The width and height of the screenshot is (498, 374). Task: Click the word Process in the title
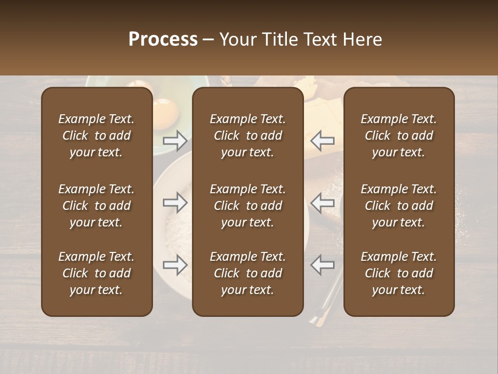tap(163, 39)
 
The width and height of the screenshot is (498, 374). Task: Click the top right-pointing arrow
tap(175, 140)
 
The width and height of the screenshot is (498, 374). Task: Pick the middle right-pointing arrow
tap(175, 203)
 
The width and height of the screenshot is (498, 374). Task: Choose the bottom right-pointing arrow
tap(175, 265)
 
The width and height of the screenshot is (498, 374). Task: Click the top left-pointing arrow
tap(323, 140)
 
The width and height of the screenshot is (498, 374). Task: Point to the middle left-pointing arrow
tap(323, 203)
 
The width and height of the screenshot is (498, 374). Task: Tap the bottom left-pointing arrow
tap(323, 265)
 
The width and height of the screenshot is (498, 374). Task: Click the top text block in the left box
tap(96, 136)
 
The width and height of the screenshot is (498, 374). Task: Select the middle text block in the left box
tap(96, 206)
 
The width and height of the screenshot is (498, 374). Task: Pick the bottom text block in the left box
tap(96, 273)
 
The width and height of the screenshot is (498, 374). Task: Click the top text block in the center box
tap(247, 136)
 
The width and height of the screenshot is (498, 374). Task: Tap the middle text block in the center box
tap(247, 206)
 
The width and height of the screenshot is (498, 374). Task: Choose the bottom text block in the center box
tap(247, 273)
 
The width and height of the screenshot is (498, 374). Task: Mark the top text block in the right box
tap(398, 136)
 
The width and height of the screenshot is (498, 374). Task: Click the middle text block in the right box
tap(398, 206)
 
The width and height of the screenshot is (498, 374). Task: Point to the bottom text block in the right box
tap(398, 273)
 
